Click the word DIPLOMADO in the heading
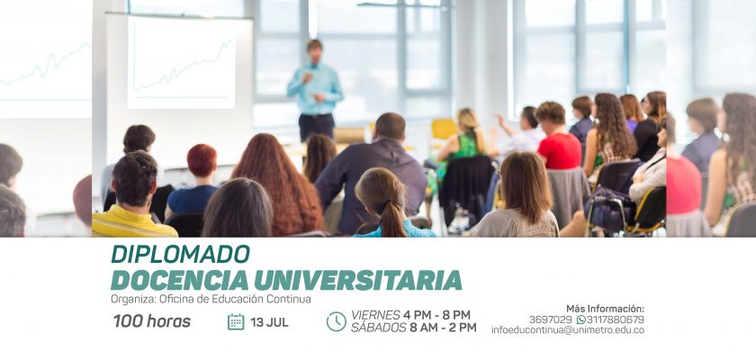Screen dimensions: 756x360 [x=180, y=254]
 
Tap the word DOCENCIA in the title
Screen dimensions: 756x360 [x=179, y=280]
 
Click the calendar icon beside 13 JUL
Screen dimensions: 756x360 [x=236, y=321]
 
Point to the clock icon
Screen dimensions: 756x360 [x=336, y=321]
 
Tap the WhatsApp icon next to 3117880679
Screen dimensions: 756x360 [x=581, y=319]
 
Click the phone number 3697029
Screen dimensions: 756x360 [x=550, y=319]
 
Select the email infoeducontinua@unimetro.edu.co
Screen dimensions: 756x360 [x=568, y=330]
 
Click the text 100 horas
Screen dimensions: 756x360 [x=152, y=321]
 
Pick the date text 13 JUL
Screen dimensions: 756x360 [x=269, y=322]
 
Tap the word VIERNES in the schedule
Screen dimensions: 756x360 [x=375, y=315]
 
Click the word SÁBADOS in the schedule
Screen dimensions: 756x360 [x=379, y=328]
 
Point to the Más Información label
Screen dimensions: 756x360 [x=605, y=309]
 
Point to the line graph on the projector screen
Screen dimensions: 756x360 [x=184, y=66]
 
